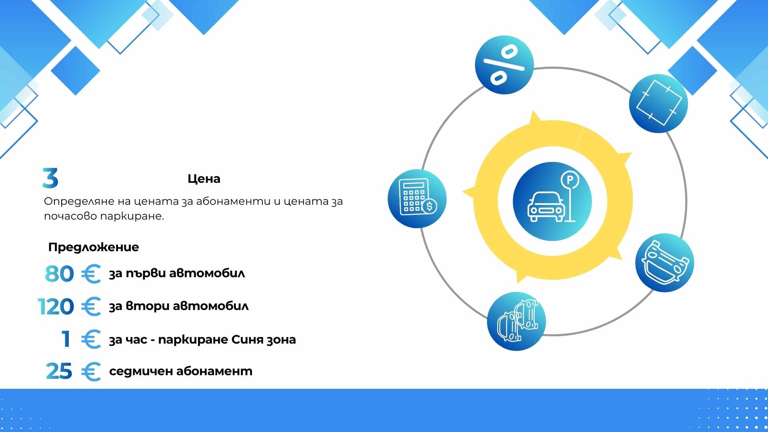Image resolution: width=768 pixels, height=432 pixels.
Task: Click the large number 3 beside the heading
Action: pos(50,178)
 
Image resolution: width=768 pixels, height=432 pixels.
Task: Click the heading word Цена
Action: pos(204,179)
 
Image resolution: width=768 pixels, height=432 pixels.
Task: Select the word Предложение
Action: pos(94,247)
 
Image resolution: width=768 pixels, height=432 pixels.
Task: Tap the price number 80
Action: pos(59,274)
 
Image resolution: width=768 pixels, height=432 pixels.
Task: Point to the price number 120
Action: pos(56,307)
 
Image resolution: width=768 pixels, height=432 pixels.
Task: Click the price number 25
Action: pos(59,371)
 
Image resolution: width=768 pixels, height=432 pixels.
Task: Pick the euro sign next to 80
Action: pos(91,274)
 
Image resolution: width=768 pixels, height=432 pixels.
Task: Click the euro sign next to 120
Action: pos(91,307)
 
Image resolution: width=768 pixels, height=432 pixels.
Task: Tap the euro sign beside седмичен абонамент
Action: pos(91,372)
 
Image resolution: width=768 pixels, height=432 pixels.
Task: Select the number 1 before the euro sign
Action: pos(66,339)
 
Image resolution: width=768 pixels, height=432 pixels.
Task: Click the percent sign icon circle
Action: pos(504,65)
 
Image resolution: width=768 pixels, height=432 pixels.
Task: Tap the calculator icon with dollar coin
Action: pos(417,199)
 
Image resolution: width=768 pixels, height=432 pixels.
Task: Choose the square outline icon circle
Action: pos(658,103)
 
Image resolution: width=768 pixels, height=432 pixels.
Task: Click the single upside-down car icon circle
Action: pos(665,263)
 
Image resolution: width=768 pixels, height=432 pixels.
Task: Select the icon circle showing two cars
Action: pos(516,322)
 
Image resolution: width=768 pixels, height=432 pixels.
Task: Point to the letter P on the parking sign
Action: pos(570,180)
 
